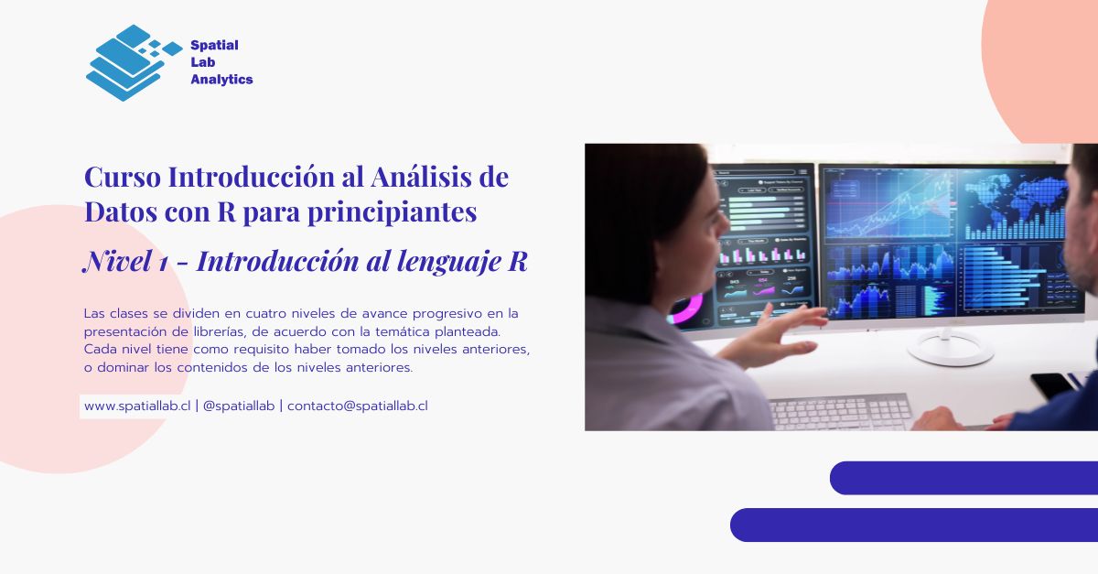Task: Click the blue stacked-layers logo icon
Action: tap(128, 62)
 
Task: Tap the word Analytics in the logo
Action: tap(221, 80)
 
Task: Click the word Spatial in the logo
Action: tap(214, 46)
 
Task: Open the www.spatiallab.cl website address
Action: tap(136, 406)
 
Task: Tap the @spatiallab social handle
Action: tap(238, 406)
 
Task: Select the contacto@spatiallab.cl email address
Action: tap(357, 406)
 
